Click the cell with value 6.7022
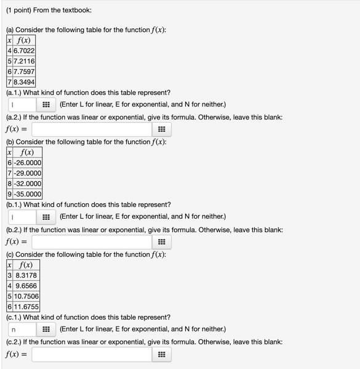25,51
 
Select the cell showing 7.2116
25,61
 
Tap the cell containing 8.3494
25,82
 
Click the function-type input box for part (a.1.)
22,105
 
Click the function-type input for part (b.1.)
22,217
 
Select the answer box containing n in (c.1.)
22,329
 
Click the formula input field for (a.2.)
92,129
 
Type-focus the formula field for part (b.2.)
92,242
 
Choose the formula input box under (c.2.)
92,354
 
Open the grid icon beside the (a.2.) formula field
161,129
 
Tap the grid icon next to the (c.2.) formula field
161,354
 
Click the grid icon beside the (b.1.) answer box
46,217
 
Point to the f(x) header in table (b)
27,152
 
